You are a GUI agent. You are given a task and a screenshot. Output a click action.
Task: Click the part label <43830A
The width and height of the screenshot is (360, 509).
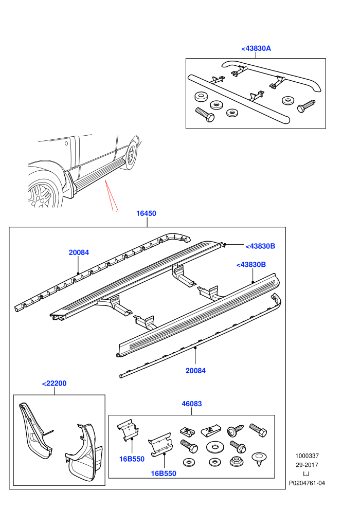pos(256,48)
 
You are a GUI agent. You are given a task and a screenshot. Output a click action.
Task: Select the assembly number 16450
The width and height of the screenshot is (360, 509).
pos(146,213)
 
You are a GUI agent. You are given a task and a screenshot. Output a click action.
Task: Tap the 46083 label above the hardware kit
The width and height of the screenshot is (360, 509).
pos(191,404)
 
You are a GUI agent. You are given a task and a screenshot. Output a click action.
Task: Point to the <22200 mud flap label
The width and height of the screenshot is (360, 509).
pos(54,384)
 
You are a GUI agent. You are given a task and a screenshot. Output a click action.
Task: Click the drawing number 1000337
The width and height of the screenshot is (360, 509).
pos(307,456)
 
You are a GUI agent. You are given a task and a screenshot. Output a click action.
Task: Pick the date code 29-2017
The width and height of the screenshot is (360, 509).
pos(307,465)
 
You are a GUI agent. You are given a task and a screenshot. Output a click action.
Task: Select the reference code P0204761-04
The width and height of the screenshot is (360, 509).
pos(307,483)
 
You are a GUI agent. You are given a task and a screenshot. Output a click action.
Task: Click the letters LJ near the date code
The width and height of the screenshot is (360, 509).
pos(306,474)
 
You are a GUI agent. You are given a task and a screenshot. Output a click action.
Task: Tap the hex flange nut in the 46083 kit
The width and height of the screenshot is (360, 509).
pos(237,461)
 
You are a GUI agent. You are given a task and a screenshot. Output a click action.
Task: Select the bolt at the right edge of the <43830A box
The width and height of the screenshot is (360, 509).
pos(306,106)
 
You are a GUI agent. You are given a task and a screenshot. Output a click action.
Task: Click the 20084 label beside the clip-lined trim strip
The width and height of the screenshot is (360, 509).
pos(79,252)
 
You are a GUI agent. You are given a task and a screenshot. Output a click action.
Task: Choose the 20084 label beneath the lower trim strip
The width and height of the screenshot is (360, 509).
pos(195,370)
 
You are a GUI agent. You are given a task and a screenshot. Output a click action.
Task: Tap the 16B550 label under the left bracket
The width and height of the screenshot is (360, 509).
pos(132,459)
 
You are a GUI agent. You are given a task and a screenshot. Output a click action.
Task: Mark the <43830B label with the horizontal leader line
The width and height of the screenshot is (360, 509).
pos(260,246)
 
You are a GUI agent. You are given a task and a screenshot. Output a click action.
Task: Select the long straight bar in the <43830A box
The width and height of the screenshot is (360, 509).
pos(239,99)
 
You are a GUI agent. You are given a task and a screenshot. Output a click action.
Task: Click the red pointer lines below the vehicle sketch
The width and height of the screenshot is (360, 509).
pos(111,196)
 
